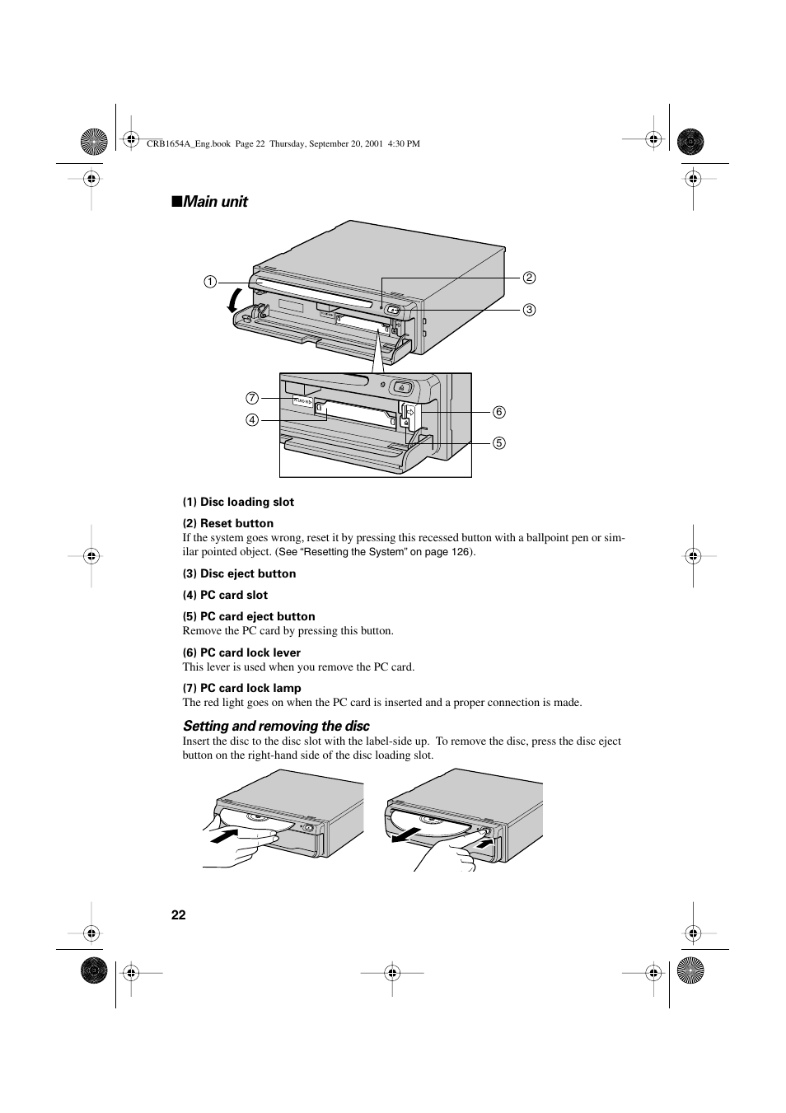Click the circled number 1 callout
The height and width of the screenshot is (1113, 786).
coord(210,282)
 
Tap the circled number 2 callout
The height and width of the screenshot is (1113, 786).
coord(530,278)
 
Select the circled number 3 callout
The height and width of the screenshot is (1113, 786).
coord(530,311)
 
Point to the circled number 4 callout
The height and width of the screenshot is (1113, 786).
coord(252,419)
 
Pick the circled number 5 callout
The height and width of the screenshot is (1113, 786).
coord(499,443)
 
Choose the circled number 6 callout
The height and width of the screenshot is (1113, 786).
coord(499,412)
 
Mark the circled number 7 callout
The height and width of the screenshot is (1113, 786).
coord(252,398)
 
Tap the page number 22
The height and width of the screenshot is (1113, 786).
coord(179,915)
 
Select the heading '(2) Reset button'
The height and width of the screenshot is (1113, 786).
coord(228,523)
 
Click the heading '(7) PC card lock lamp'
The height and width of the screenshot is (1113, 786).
coord(241,688)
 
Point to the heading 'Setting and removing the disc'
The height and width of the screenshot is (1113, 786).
coord(276,726)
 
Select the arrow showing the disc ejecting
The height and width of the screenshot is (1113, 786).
coord(407,834)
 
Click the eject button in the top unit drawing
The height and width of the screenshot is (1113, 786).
coord(394,311)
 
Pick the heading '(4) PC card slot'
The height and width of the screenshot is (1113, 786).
coord(225,595)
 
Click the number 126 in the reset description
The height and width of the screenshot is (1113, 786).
coord(461,552)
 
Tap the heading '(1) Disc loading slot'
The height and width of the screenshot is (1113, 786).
coord(238,502)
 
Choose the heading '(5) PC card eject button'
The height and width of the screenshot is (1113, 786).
coord(249,616)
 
